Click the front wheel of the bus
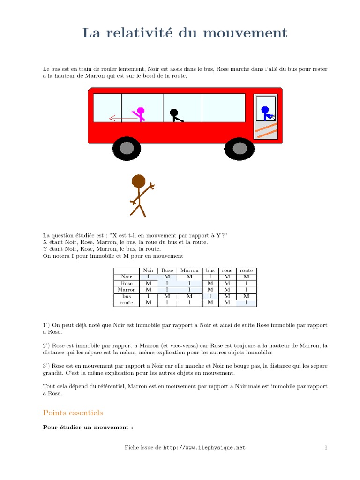[240, 149]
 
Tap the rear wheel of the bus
[127, 149]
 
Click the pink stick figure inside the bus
[140, 113]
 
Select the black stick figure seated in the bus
[175, 115]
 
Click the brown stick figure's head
[138, 181]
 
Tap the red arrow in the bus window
[123, 119]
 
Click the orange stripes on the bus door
[266, 130]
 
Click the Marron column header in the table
[189, 270]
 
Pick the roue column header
[227, 270]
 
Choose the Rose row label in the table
[127, 284]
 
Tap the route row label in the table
[127, 303]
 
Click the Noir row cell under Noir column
[148, 277]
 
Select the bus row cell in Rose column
[167, 296]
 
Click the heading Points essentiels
[73, 412]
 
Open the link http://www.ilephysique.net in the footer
[204, 448]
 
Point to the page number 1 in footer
[325, 448]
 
